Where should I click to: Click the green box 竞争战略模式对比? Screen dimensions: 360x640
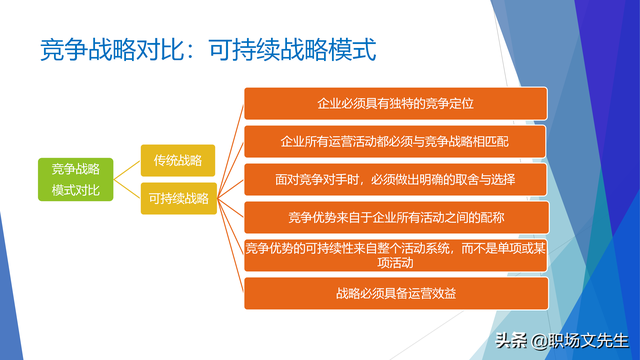[x=76, y=178]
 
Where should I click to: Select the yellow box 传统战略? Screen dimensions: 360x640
[x=176, y=159]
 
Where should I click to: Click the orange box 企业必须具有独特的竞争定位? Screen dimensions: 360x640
[x=396, y=103]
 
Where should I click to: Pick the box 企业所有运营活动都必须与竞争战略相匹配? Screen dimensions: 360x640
[x=396, y=141]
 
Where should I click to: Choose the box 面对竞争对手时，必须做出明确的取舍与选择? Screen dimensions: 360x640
[x=396, y=179]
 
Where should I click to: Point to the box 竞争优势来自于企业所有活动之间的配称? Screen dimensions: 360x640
[x=396, y=217]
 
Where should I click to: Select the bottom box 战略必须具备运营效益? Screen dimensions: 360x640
[x=396, y=293]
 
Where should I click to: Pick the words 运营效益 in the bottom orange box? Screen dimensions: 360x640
[x=431, y=293]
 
